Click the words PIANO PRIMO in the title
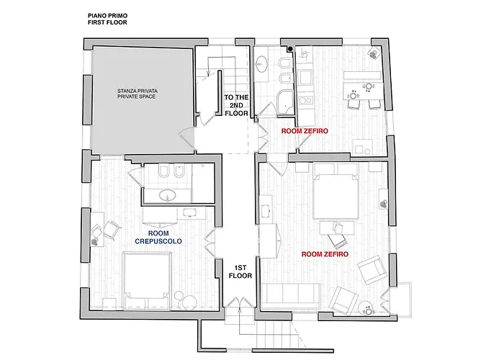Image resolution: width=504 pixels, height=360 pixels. click(x=108, y=15)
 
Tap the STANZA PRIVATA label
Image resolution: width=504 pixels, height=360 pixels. click(x=138, y=91)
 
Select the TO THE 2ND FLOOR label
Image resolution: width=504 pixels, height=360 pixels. click(x=236, y=105)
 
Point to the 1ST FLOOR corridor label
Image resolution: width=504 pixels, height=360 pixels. click(x=240, y=271)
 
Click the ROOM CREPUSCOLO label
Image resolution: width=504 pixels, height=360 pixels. click(x=158, y=237)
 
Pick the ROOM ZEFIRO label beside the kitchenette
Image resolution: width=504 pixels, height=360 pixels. click(x=305, y=131)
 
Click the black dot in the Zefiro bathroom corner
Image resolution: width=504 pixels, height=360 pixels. click(x=290, y=49)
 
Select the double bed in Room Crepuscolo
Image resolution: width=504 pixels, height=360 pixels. click(x=147, y=281)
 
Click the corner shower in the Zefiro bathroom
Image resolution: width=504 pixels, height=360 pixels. click(x=285, y=102)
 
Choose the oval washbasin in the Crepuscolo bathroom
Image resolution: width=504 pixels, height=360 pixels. click(x=168, y=195)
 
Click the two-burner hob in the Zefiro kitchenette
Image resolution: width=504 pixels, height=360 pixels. click(x=305, y=100)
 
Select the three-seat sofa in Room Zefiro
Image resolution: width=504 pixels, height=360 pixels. click(x=291, y=297)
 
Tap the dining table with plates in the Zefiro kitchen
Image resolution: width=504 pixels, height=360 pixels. click(x=363, y=91)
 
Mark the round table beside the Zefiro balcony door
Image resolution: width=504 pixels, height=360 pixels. click(x=367, y=309)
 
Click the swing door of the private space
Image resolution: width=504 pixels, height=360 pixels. click(x=187, y=137)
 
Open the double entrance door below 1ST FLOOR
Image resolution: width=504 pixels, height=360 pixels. click(x=240, y=303)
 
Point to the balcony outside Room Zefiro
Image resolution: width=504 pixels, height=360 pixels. click(x=405, y=300)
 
